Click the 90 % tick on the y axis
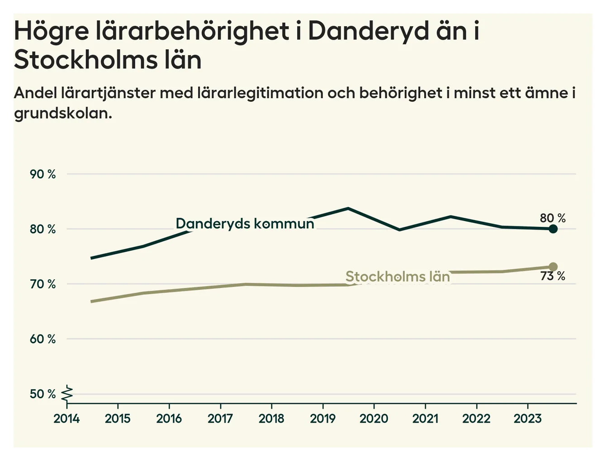43,174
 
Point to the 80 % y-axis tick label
43,229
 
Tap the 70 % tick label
43,284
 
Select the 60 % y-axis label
43,339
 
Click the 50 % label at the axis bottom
43,394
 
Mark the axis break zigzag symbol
67,393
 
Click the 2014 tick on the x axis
66,419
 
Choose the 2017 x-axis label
220,419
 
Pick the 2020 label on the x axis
374,419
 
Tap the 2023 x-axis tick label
527,419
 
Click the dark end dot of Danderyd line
553,229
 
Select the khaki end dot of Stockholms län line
553,267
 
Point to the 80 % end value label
553,218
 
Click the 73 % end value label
553,276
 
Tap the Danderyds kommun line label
245,223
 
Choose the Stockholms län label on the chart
398,277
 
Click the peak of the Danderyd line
348,208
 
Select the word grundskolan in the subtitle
63,113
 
